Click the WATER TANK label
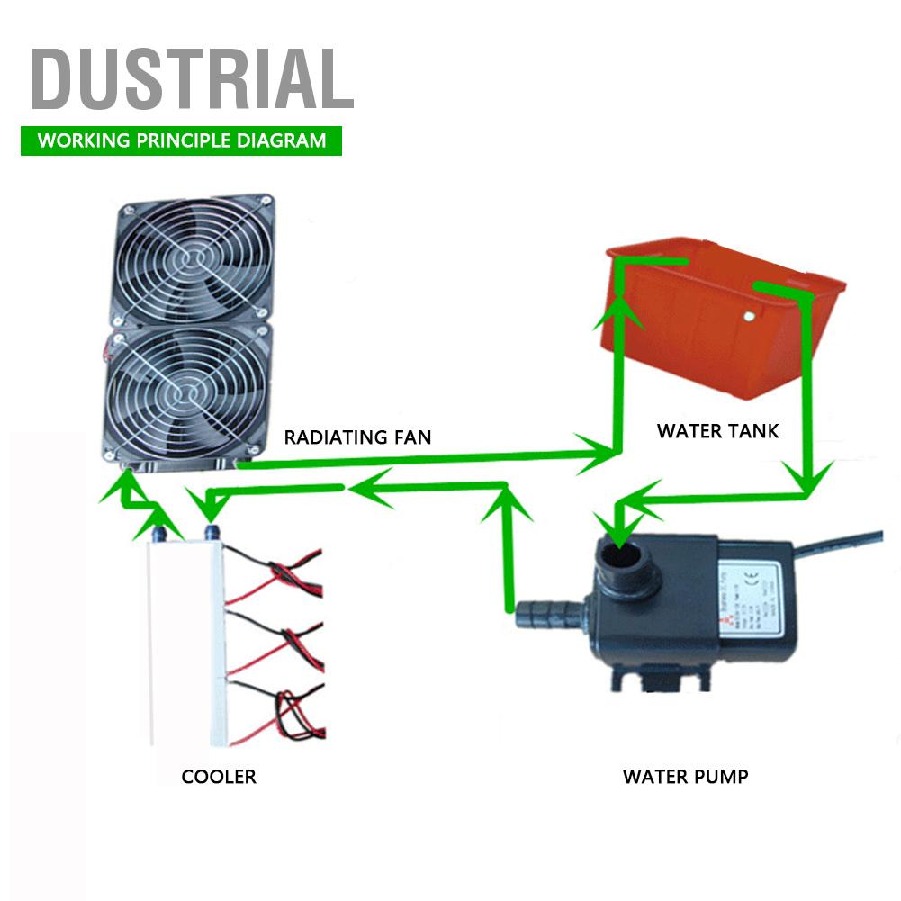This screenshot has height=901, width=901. click(717, 431)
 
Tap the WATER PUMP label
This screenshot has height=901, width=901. click(685, 776)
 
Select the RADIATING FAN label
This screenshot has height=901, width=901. click(357, 438)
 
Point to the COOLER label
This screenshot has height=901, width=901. click(219, 777)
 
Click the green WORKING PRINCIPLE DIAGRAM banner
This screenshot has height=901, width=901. click(181, 141)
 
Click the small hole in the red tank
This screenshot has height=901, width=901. click(748, 316)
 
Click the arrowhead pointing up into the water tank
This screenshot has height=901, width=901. click(618, 307)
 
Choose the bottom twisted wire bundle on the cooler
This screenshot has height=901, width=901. click(288, 707)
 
